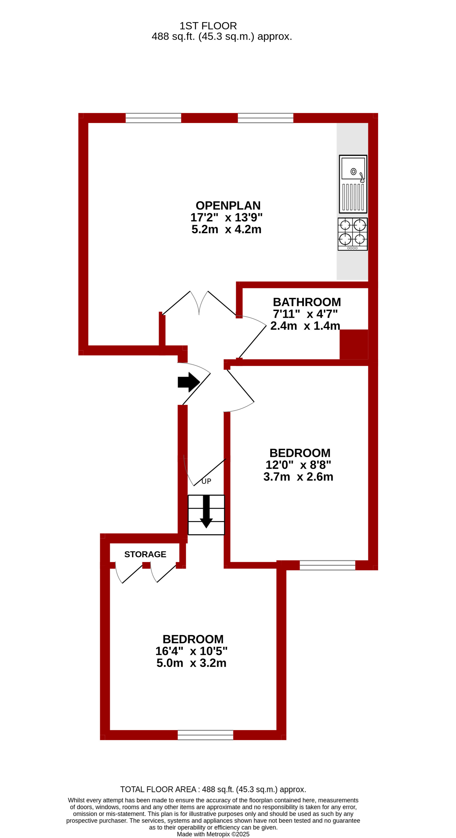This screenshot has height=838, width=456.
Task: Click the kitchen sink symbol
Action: (x=353, y=184)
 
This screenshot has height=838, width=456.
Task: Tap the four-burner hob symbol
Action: (x=353, y=234)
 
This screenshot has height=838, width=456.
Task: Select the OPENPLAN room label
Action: (x=228, y=206)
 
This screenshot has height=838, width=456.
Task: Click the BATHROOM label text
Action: (x=307, y=302)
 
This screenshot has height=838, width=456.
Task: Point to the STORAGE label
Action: (x=145, y=554)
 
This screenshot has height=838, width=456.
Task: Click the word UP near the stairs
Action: (x=206, y=481)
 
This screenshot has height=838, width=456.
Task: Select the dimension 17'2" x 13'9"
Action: (x=226, y=217)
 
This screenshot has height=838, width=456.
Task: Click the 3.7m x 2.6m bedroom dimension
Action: (x=298, y=477)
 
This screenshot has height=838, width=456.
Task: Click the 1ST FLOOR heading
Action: (x=208, y=26)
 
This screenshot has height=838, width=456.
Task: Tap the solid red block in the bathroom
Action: (x=354, y=344)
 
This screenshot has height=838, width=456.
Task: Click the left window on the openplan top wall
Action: (x=153, y=118)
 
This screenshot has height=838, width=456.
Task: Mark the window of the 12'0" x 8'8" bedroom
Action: (x=327, y=565)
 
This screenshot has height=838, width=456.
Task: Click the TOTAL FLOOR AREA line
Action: (x=213, y=789)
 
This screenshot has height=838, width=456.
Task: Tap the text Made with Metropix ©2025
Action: (x=213, y=834)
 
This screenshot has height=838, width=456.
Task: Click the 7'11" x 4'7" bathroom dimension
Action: (x=305, y=314)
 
